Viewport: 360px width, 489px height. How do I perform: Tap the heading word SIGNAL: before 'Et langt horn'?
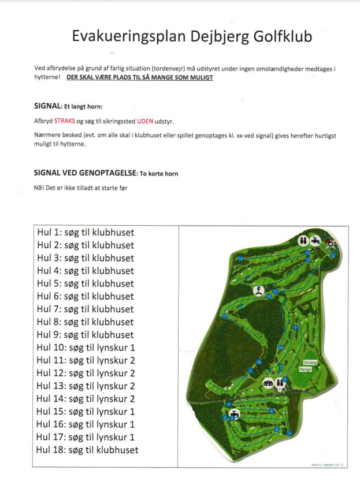click(48, 106)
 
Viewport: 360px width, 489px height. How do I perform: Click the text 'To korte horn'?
click(159, 174)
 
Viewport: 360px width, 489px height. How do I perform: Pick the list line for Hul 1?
click(85, 233)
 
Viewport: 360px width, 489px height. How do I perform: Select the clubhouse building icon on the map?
click(268, 382)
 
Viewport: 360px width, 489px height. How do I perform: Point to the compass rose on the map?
click(331, 243)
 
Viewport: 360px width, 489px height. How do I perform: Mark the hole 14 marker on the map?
click(240, 259)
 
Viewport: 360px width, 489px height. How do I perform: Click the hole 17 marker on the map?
click(224, 316)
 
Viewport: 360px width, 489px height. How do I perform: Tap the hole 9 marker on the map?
click(295, 327)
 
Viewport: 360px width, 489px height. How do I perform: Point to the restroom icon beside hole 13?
click(302, 240)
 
